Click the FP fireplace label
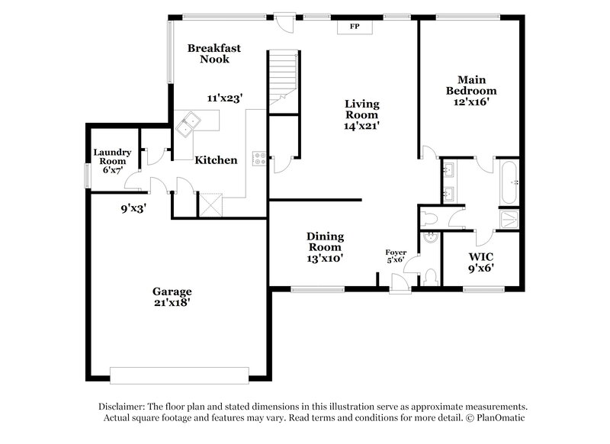pos(355,27)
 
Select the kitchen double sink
pos(187,124)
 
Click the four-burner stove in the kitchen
pos(259,159)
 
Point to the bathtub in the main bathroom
pos(508,182)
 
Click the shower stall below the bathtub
pos(509,218)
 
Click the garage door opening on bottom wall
pos(179,375)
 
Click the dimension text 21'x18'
pos(172,302)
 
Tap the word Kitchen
pos(216,160)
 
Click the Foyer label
pos(396,252)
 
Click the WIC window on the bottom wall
pos(483,288)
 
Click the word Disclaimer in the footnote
pos(124,407)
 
